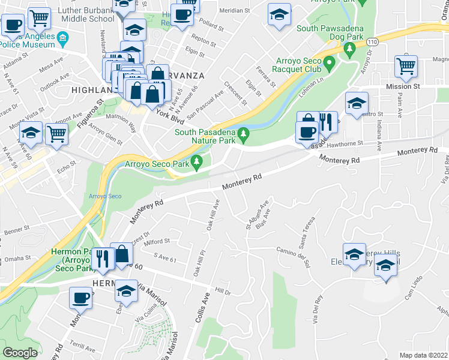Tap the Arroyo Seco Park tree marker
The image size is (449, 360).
[196, 162]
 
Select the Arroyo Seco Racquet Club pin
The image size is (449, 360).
[329, 62]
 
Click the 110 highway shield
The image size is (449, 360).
[373, 41]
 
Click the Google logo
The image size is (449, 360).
[20, 353]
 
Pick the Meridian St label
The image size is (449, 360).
[234, 11]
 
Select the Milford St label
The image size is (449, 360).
[157, 241]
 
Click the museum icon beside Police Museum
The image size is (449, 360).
[62, 41]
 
